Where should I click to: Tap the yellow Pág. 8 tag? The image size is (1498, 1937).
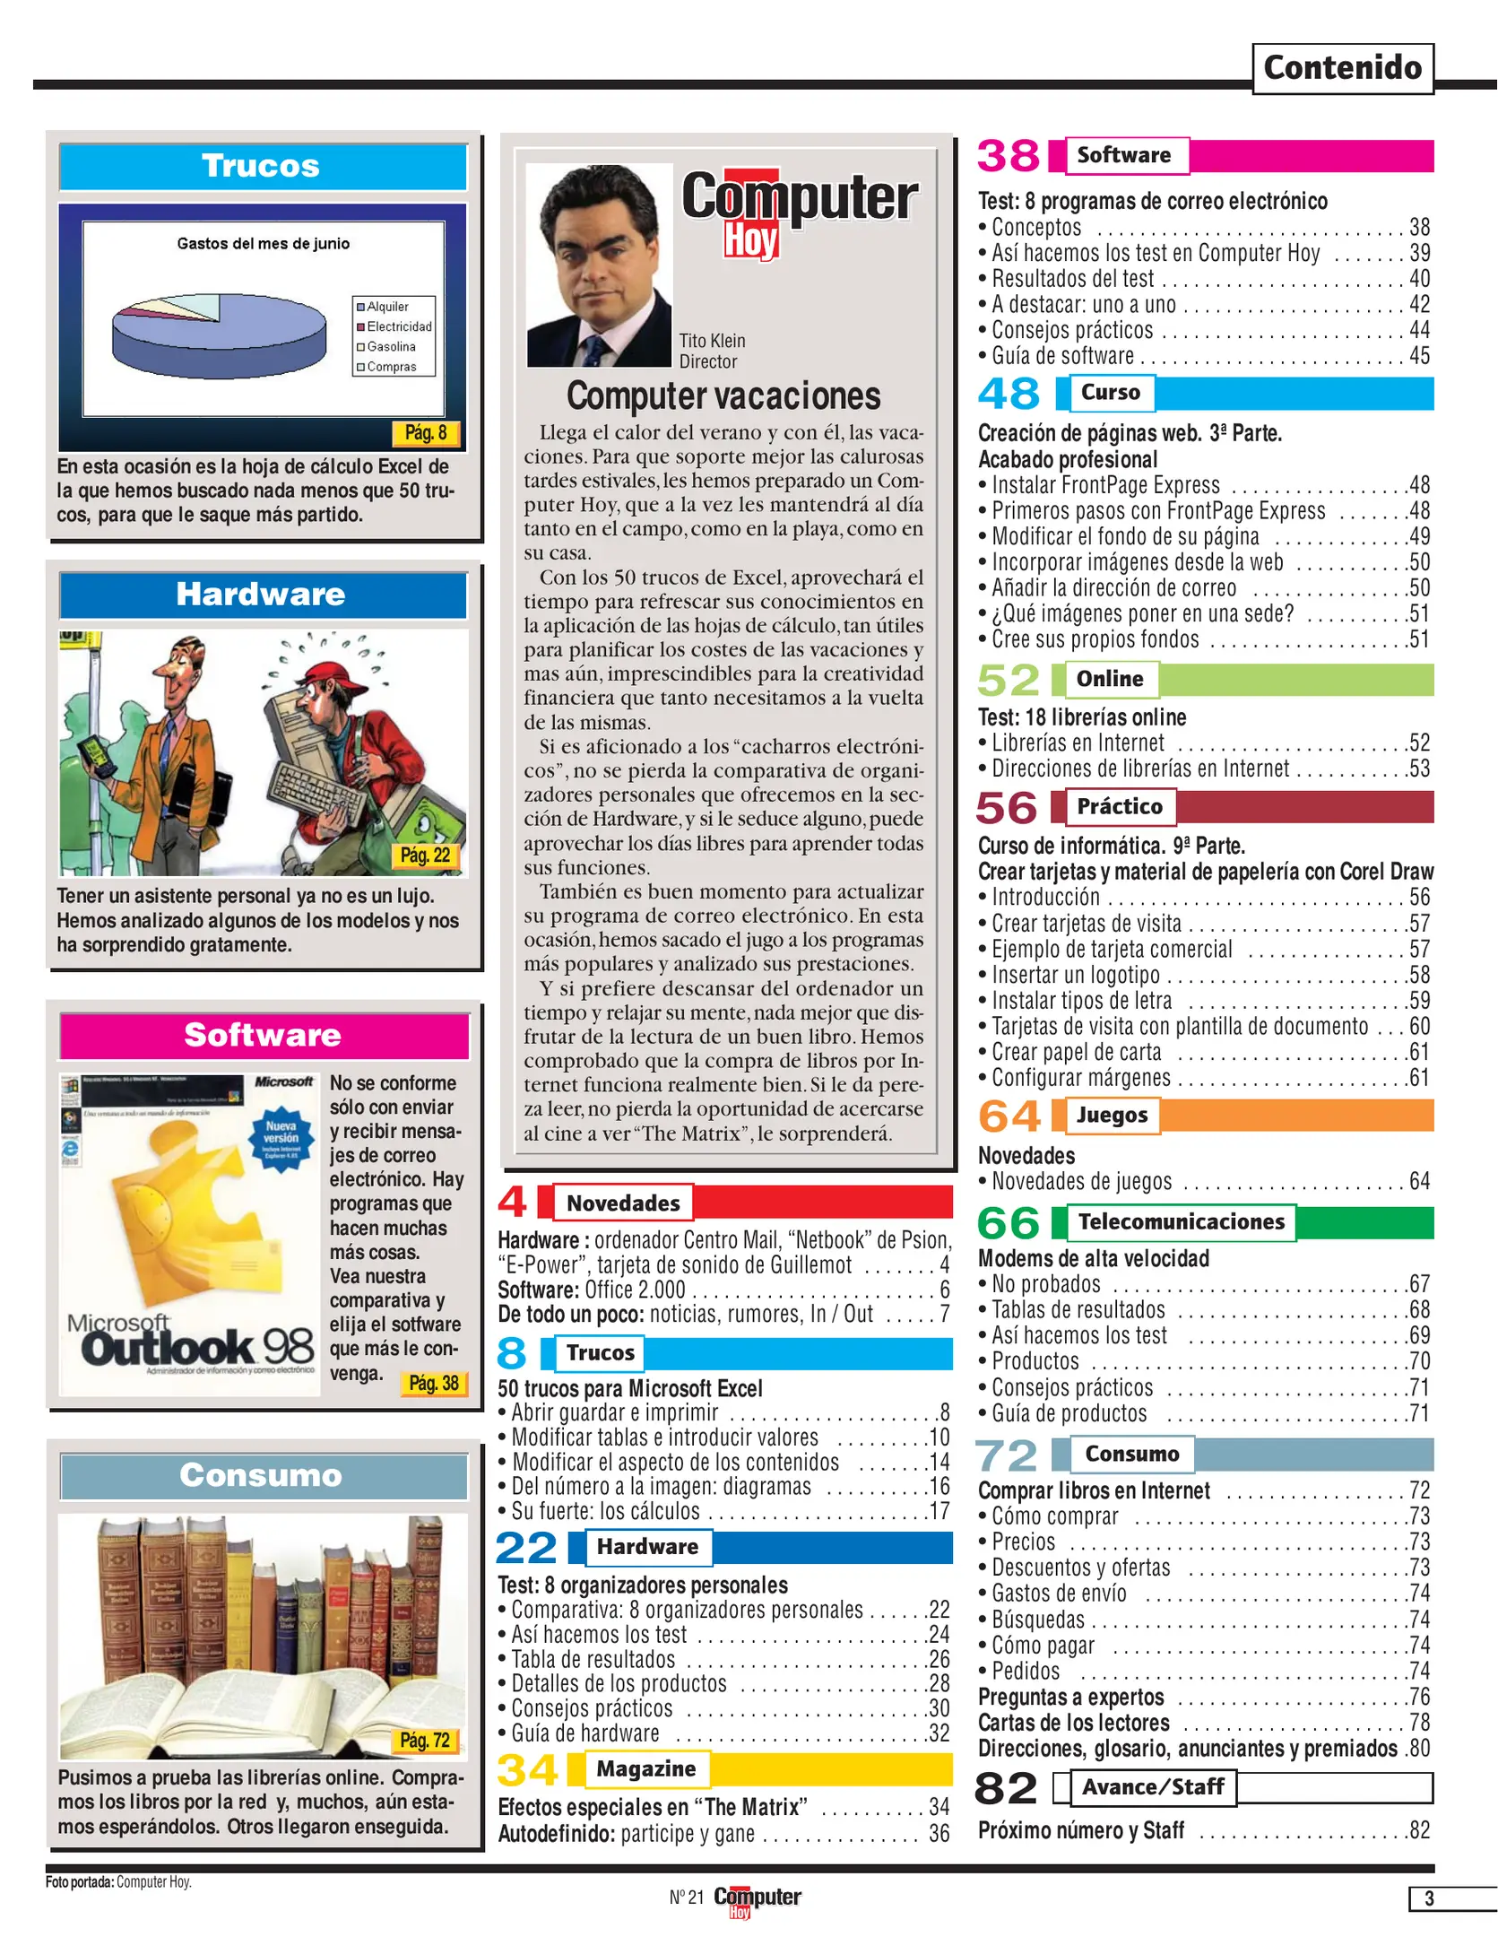(426, 433)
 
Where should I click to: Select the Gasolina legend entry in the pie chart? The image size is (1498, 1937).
(391, 347)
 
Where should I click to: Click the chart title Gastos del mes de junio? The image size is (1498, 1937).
(263, 243)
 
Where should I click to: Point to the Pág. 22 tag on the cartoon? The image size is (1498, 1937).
(425, 856)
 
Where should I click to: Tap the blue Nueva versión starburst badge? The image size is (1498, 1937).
(281, 1137)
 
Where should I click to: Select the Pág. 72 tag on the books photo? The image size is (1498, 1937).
(425, 1740)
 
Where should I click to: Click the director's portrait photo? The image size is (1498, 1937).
(599, 265)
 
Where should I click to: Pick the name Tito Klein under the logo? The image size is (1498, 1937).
(712, 341)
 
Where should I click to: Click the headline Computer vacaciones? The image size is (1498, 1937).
(723, 395)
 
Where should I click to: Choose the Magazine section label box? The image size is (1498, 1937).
(645, 1768)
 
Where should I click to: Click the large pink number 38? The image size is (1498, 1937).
(1009, 156)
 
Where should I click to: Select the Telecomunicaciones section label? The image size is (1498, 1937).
(1181, 1221)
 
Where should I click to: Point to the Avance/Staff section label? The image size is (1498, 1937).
(1152, 1786)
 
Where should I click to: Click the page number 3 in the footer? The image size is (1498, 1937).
(1429, 1898)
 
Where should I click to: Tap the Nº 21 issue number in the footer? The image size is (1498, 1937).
(687, 1897)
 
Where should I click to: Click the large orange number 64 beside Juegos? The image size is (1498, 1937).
(1009, 1116)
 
